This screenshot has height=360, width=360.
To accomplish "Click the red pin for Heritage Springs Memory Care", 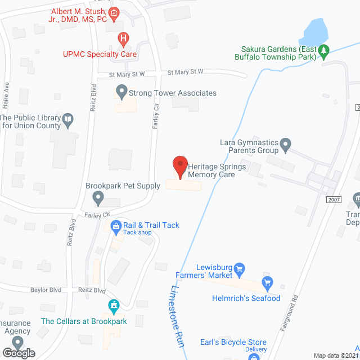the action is pos(179,166).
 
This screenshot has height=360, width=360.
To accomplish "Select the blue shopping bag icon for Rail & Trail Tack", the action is pos(116,226).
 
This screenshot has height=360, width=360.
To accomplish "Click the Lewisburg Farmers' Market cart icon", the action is pos(239,268).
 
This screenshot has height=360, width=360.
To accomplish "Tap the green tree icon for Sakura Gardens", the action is pos(323,51).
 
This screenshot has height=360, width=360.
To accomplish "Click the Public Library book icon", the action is pos(68,119).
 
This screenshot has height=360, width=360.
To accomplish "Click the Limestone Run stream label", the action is pos(177,313).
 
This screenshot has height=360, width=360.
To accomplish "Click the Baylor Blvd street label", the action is pos(46,290).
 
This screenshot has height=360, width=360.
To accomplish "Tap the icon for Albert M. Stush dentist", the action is pos(114,12).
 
